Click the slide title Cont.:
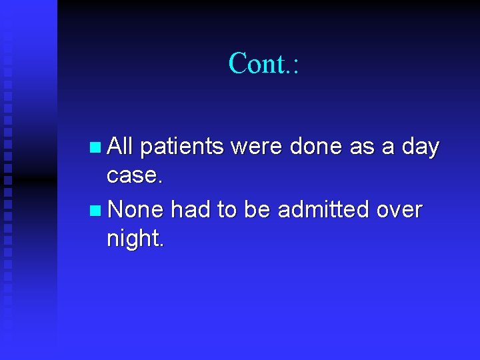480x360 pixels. click(264, 63)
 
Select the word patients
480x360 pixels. click(181, 147)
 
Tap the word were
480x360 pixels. click(257, 147)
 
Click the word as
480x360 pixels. click(362, 147)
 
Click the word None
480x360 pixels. click(135, 210)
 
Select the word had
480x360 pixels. click(191, 210)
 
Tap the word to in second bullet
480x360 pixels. click(227, 210)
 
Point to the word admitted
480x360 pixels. click(323, 210)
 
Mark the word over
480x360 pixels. click(399, 210)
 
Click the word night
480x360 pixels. click(133, 239)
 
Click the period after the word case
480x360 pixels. click(159, 181)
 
